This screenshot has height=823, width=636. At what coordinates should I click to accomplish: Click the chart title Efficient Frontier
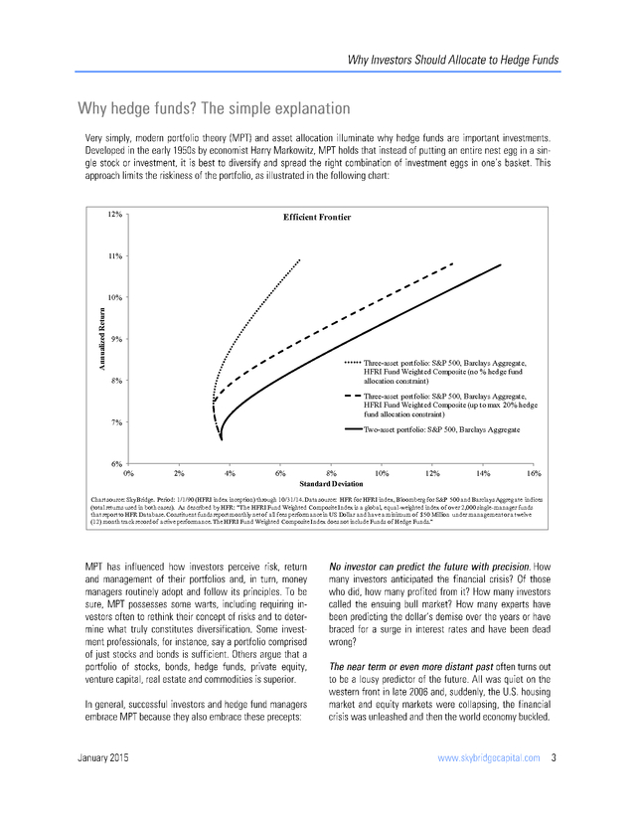click(x=318, y=217)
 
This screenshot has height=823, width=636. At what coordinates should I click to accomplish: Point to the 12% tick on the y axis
click(x=115, y=214)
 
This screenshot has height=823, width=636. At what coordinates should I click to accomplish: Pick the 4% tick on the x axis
click(x=230, y=472)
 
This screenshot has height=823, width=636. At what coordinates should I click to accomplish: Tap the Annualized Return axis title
click(x=101, y=339)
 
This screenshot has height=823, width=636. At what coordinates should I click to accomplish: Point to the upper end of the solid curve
click(x=500, y=264)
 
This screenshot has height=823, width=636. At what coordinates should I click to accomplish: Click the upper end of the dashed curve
click(x=453, y=263)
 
